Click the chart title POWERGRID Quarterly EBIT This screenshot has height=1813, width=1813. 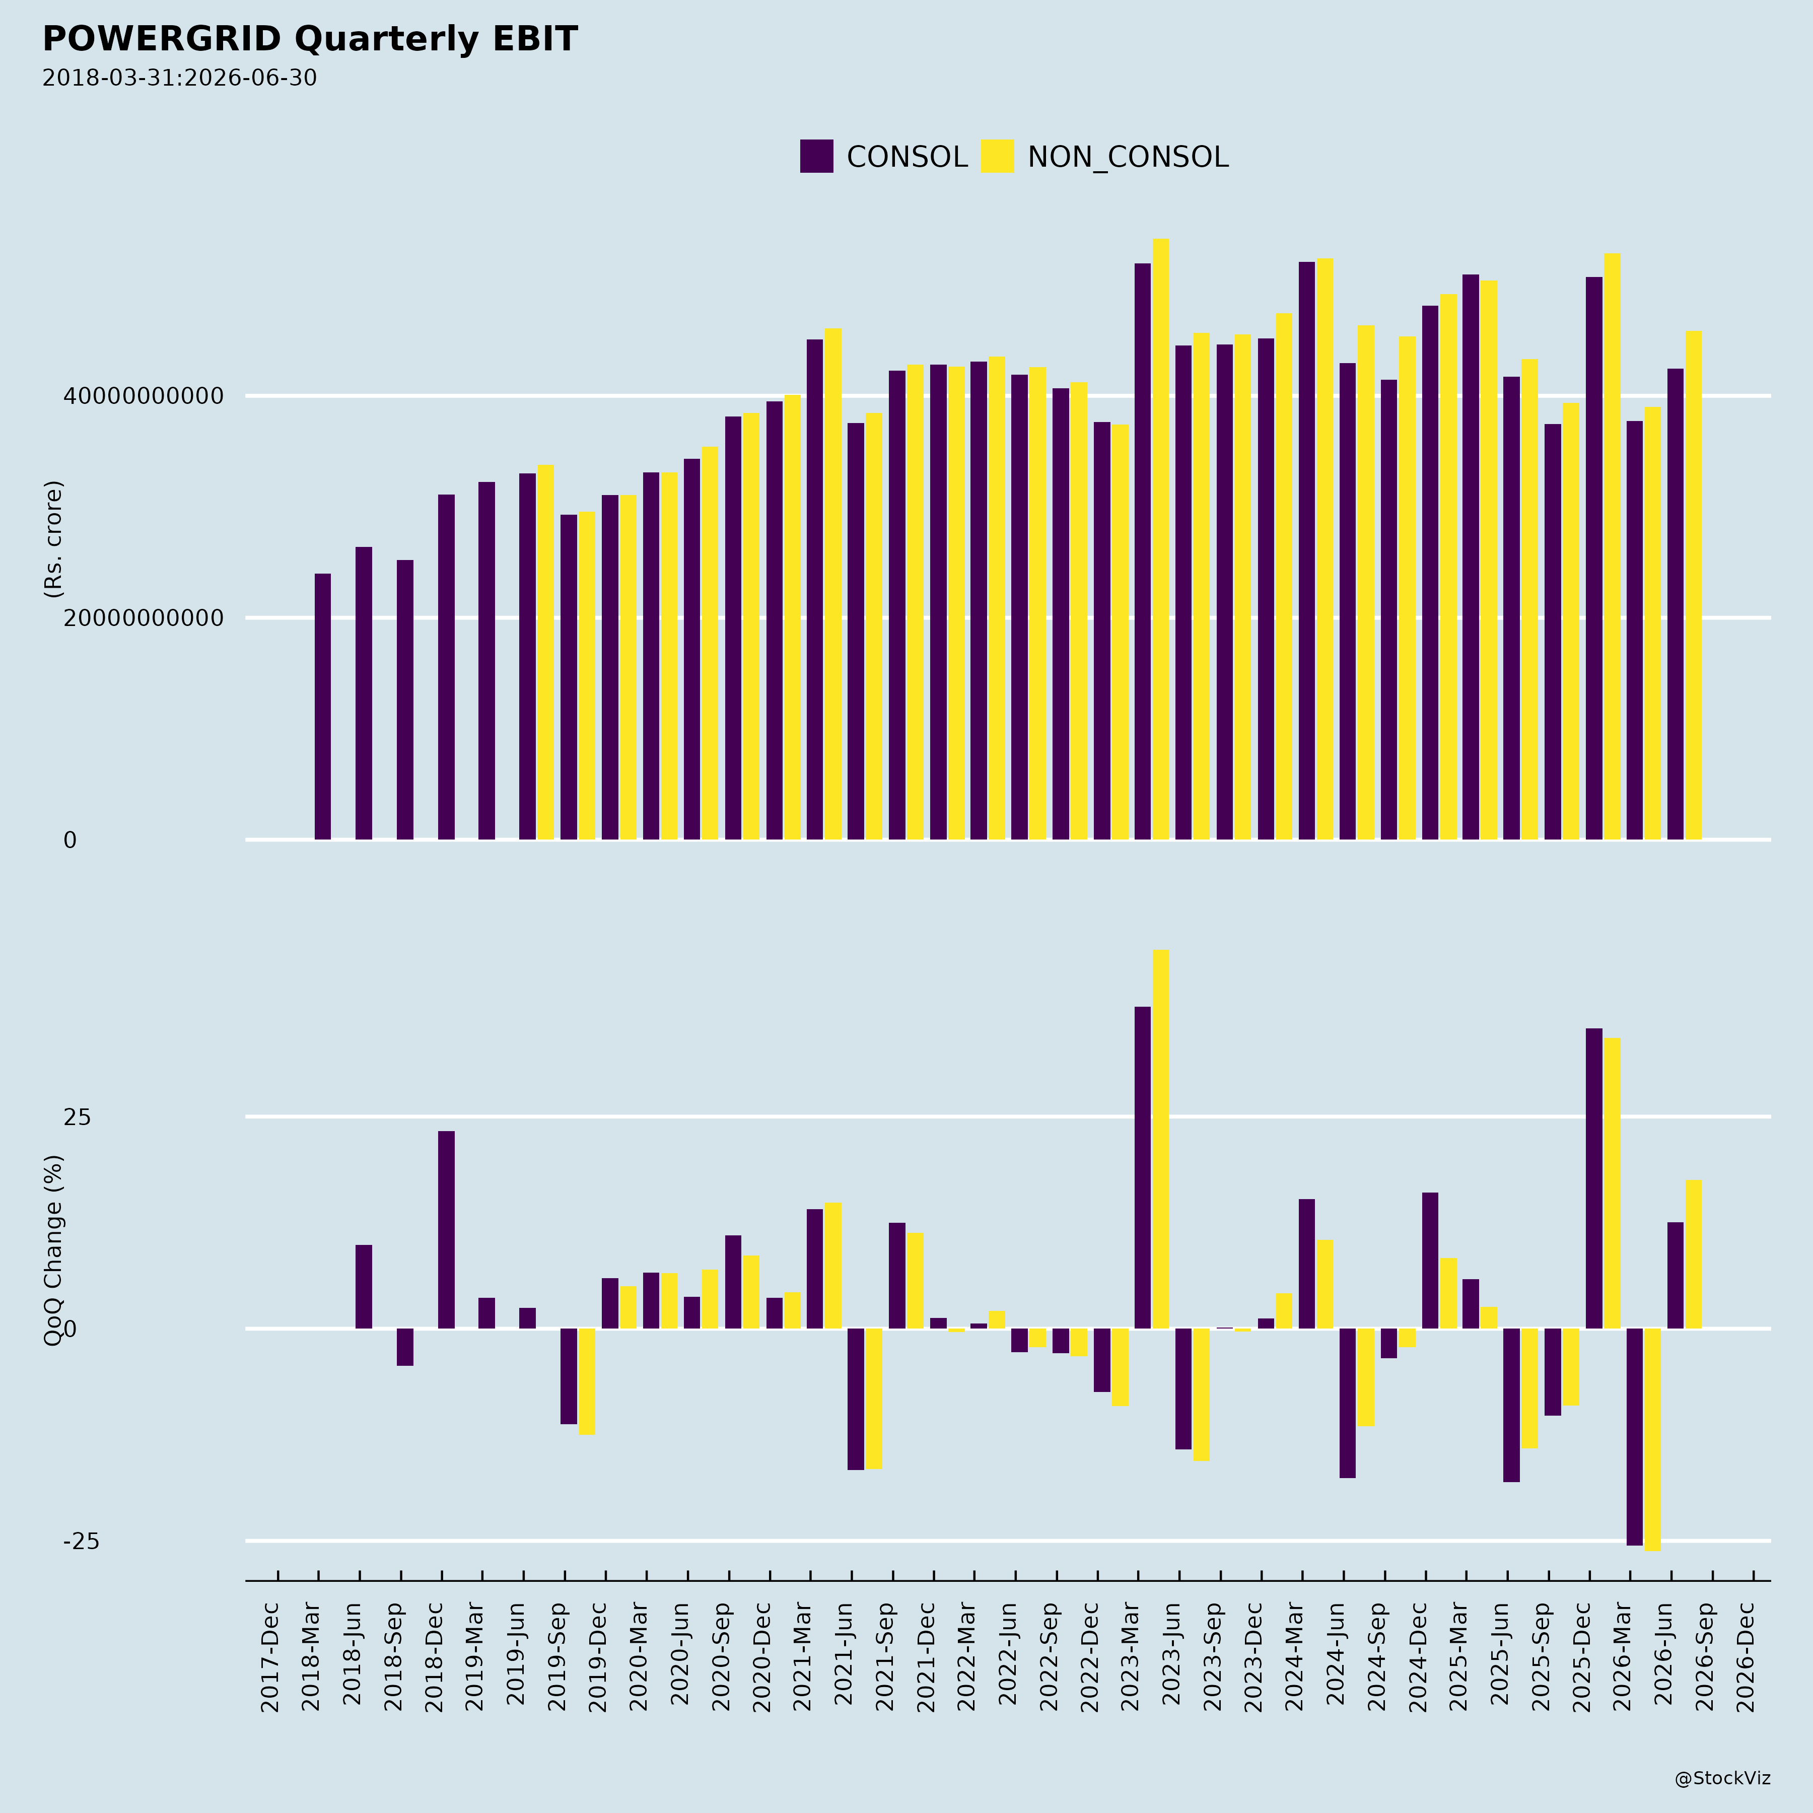310,39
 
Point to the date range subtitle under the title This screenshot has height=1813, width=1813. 179,78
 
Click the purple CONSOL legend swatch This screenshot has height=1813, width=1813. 816,156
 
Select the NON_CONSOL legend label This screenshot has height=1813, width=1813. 1128,157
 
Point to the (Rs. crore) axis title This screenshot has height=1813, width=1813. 53,539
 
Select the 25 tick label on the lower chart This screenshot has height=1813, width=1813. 77,1117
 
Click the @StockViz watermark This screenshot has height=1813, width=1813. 1723,1778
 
